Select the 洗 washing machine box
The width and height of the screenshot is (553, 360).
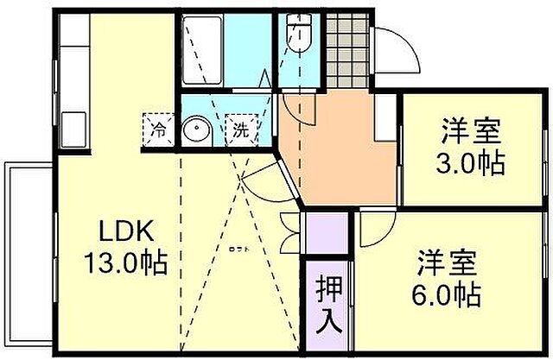[x=241, y=131]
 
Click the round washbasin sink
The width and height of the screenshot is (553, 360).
[x=198, y=131]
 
